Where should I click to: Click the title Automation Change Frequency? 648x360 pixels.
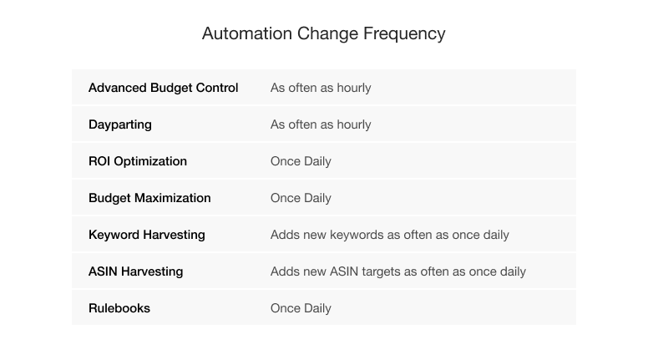pos(324,34)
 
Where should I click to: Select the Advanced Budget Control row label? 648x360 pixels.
pos(163,88)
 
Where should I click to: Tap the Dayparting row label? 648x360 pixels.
pos(120,124)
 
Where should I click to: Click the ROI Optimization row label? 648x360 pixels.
pos(138,161)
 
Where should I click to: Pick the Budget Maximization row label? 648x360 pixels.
pos(149,198)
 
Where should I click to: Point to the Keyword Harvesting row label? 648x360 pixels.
pos(147,235)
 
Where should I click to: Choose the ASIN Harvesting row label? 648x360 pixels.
pos(135,271)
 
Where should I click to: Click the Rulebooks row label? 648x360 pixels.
pos(119,308)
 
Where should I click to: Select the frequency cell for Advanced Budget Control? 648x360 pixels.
pos(321,88)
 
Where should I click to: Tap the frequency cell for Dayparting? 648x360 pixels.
pos(321,124)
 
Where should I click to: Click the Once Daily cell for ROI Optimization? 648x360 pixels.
pos(301,161)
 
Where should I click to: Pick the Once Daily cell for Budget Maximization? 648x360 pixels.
pos(301,198)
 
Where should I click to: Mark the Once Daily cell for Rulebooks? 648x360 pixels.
pos(301,308)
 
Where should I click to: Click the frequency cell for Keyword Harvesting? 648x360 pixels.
pos(390,235)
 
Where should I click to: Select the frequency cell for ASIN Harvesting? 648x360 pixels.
pos(398,271)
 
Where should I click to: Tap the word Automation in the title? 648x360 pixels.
pos(247,33)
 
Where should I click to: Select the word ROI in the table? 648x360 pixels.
pos(99,161)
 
